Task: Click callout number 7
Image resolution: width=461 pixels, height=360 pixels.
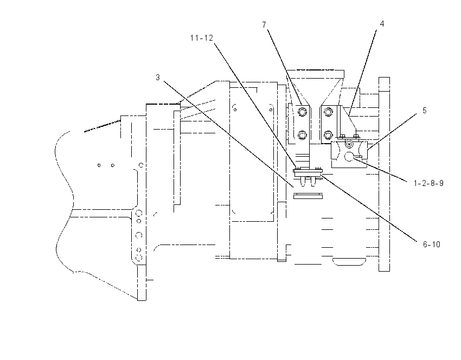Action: pos(264,25)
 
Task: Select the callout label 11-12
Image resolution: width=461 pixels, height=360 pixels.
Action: pos(201,38)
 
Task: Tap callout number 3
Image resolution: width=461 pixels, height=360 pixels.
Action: pos(158,78)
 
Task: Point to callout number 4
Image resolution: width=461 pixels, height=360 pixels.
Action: pos(382,24)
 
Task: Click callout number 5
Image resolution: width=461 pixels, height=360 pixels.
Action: pos(424,111)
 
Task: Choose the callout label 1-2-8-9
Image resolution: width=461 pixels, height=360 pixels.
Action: pos(428,183)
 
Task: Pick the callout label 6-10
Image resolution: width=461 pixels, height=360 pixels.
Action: pos(431,245)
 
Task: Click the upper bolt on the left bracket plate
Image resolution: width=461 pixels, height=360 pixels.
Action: pos(302,112)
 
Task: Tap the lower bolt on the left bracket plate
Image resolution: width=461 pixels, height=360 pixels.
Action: pos(302,135)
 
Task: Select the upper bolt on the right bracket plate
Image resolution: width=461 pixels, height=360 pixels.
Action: pos(328,112)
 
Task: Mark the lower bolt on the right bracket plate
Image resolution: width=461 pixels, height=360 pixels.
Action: pos(328,135)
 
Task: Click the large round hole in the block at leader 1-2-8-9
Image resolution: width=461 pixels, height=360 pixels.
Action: pos(349,157)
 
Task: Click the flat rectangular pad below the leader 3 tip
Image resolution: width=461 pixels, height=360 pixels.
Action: pos(308,196)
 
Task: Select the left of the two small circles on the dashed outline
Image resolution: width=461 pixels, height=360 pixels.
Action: pos(99,165)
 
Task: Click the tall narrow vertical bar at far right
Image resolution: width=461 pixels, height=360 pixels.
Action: pos(384,174)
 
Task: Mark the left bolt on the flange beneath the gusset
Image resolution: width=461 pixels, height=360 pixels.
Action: pos(342,136)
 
